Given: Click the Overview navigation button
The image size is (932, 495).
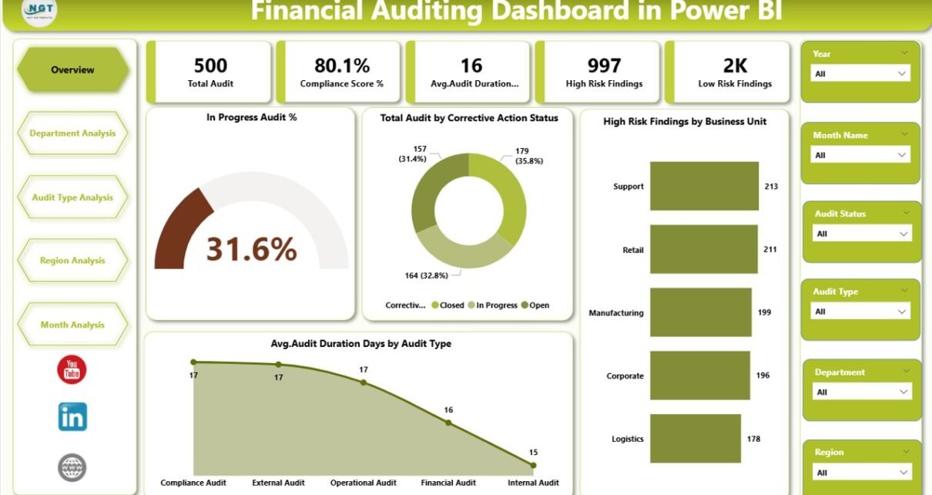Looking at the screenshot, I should pos(72,70).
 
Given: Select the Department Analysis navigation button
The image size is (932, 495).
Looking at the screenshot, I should pos(72,133).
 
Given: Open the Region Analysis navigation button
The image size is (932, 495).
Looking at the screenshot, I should pos(72,261).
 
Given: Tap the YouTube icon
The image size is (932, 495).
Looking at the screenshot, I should pos(72,370).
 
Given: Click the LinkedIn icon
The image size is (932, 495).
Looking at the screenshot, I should pos(72,417).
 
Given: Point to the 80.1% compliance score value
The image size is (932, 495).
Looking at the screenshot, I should pos(342,66).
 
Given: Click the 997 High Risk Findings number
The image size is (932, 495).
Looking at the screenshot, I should pos(603,66).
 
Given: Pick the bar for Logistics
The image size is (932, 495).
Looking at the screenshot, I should pos(696,439).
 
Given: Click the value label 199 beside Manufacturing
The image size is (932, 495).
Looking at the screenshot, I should pos(764,312).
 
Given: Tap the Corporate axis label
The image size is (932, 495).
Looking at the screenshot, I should pos(625,376).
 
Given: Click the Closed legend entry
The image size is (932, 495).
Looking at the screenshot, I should pos(448,305).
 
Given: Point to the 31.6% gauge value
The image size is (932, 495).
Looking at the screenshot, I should pos(251,248).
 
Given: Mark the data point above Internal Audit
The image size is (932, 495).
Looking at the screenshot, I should pos(533,465).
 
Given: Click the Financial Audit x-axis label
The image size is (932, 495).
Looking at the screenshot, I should pos(448,483).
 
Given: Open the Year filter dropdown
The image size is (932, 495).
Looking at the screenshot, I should pos(861,73).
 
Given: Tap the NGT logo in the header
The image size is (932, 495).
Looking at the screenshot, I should pos(39,12).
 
